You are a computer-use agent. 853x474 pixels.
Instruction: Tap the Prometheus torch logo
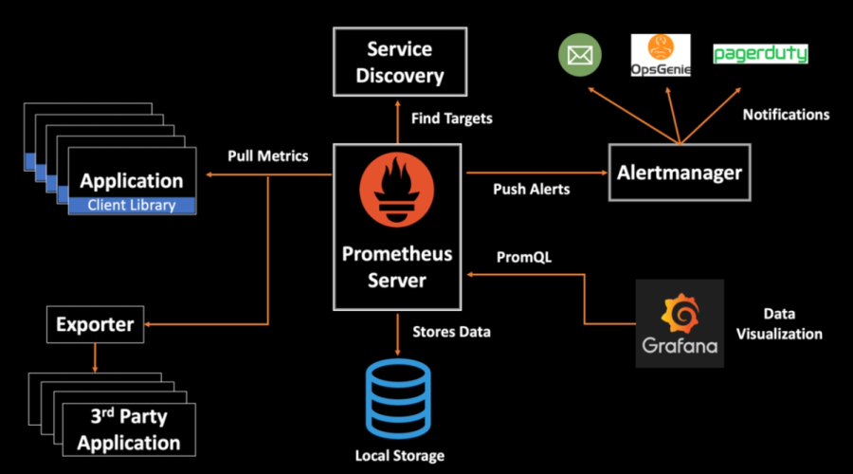coord(397,195)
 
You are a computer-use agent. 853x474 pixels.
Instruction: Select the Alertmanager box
coord(679,173)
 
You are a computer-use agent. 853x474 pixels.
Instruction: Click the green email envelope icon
coord(580,55)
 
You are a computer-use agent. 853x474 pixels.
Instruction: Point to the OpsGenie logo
coord(661,55)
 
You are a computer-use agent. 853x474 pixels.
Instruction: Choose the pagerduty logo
coord(760,54)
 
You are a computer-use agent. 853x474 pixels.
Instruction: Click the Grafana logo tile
coord(680,322)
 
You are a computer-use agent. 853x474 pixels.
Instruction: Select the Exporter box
coord(95,325)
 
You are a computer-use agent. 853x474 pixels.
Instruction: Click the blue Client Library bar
coord(132,205)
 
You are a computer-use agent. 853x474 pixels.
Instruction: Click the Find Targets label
coord(452,119)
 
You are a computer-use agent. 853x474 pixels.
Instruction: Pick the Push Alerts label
coord(532,189)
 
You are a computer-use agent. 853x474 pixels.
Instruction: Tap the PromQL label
coord(524,257)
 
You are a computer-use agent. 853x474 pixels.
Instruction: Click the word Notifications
coord(786,115)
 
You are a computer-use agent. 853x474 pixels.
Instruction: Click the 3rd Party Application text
coord(129,429)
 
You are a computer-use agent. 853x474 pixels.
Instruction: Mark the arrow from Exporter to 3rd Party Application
coord(95,358)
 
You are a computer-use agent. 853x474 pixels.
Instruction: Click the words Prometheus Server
coord(397,267)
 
